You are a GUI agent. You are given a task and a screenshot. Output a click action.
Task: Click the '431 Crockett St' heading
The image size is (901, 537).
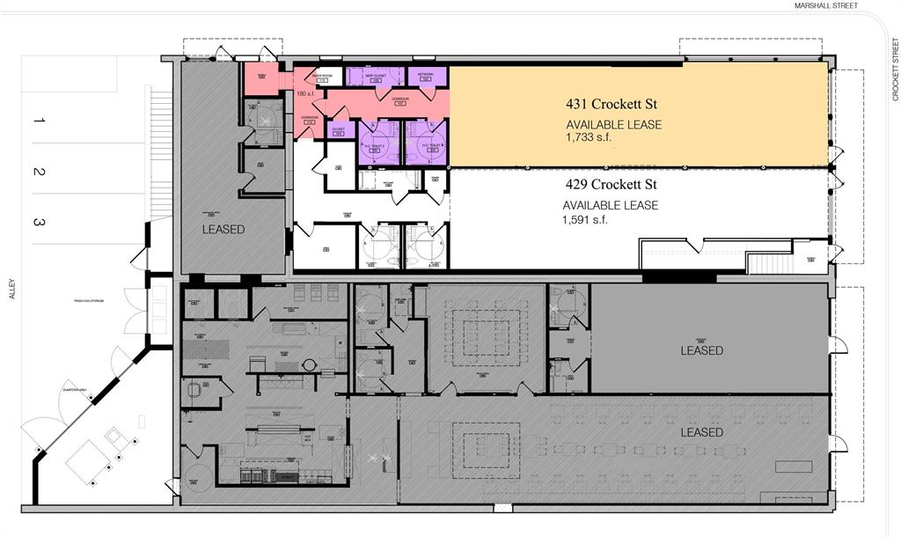coord(611,104)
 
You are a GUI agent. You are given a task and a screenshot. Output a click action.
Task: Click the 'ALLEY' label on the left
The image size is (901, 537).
coord(12,290)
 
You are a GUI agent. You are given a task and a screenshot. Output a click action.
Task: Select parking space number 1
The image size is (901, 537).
coord(38,119)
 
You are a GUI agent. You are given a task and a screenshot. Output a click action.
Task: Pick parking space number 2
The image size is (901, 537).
coord(38,172)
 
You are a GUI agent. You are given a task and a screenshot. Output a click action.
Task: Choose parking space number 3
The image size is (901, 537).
coord(38,223)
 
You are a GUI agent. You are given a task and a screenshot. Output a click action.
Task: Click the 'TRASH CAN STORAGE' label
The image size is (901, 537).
coord(89,301)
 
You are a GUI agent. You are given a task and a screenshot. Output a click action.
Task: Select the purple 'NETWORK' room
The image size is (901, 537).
coord(427,77)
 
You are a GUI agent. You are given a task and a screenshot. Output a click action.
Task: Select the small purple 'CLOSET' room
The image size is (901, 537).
coord(338,130)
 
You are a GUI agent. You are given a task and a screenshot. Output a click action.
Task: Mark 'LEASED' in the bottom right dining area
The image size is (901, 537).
coord(701,432)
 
